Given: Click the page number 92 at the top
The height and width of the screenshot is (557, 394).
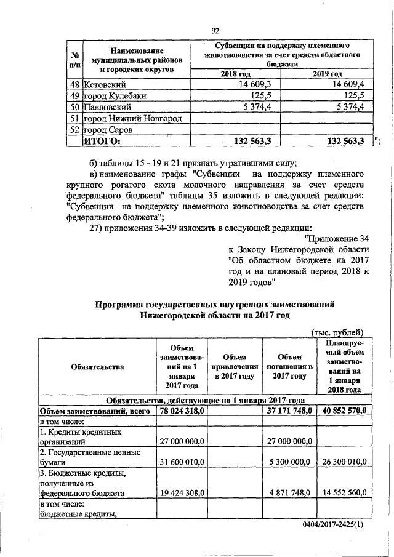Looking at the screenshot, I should coord(215,31).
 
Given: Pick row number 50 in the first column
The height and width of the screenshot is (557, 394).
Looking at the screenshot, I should coord(75,106).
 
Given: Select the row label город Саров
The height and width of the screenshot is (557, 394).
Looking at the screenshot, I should coord(111,130).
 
